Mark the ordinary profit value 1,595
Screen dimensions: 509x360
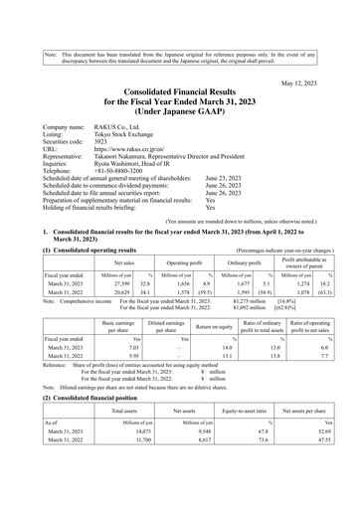click(254, 293)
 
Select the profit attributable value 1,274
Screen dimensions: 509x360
click(312, 283)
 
